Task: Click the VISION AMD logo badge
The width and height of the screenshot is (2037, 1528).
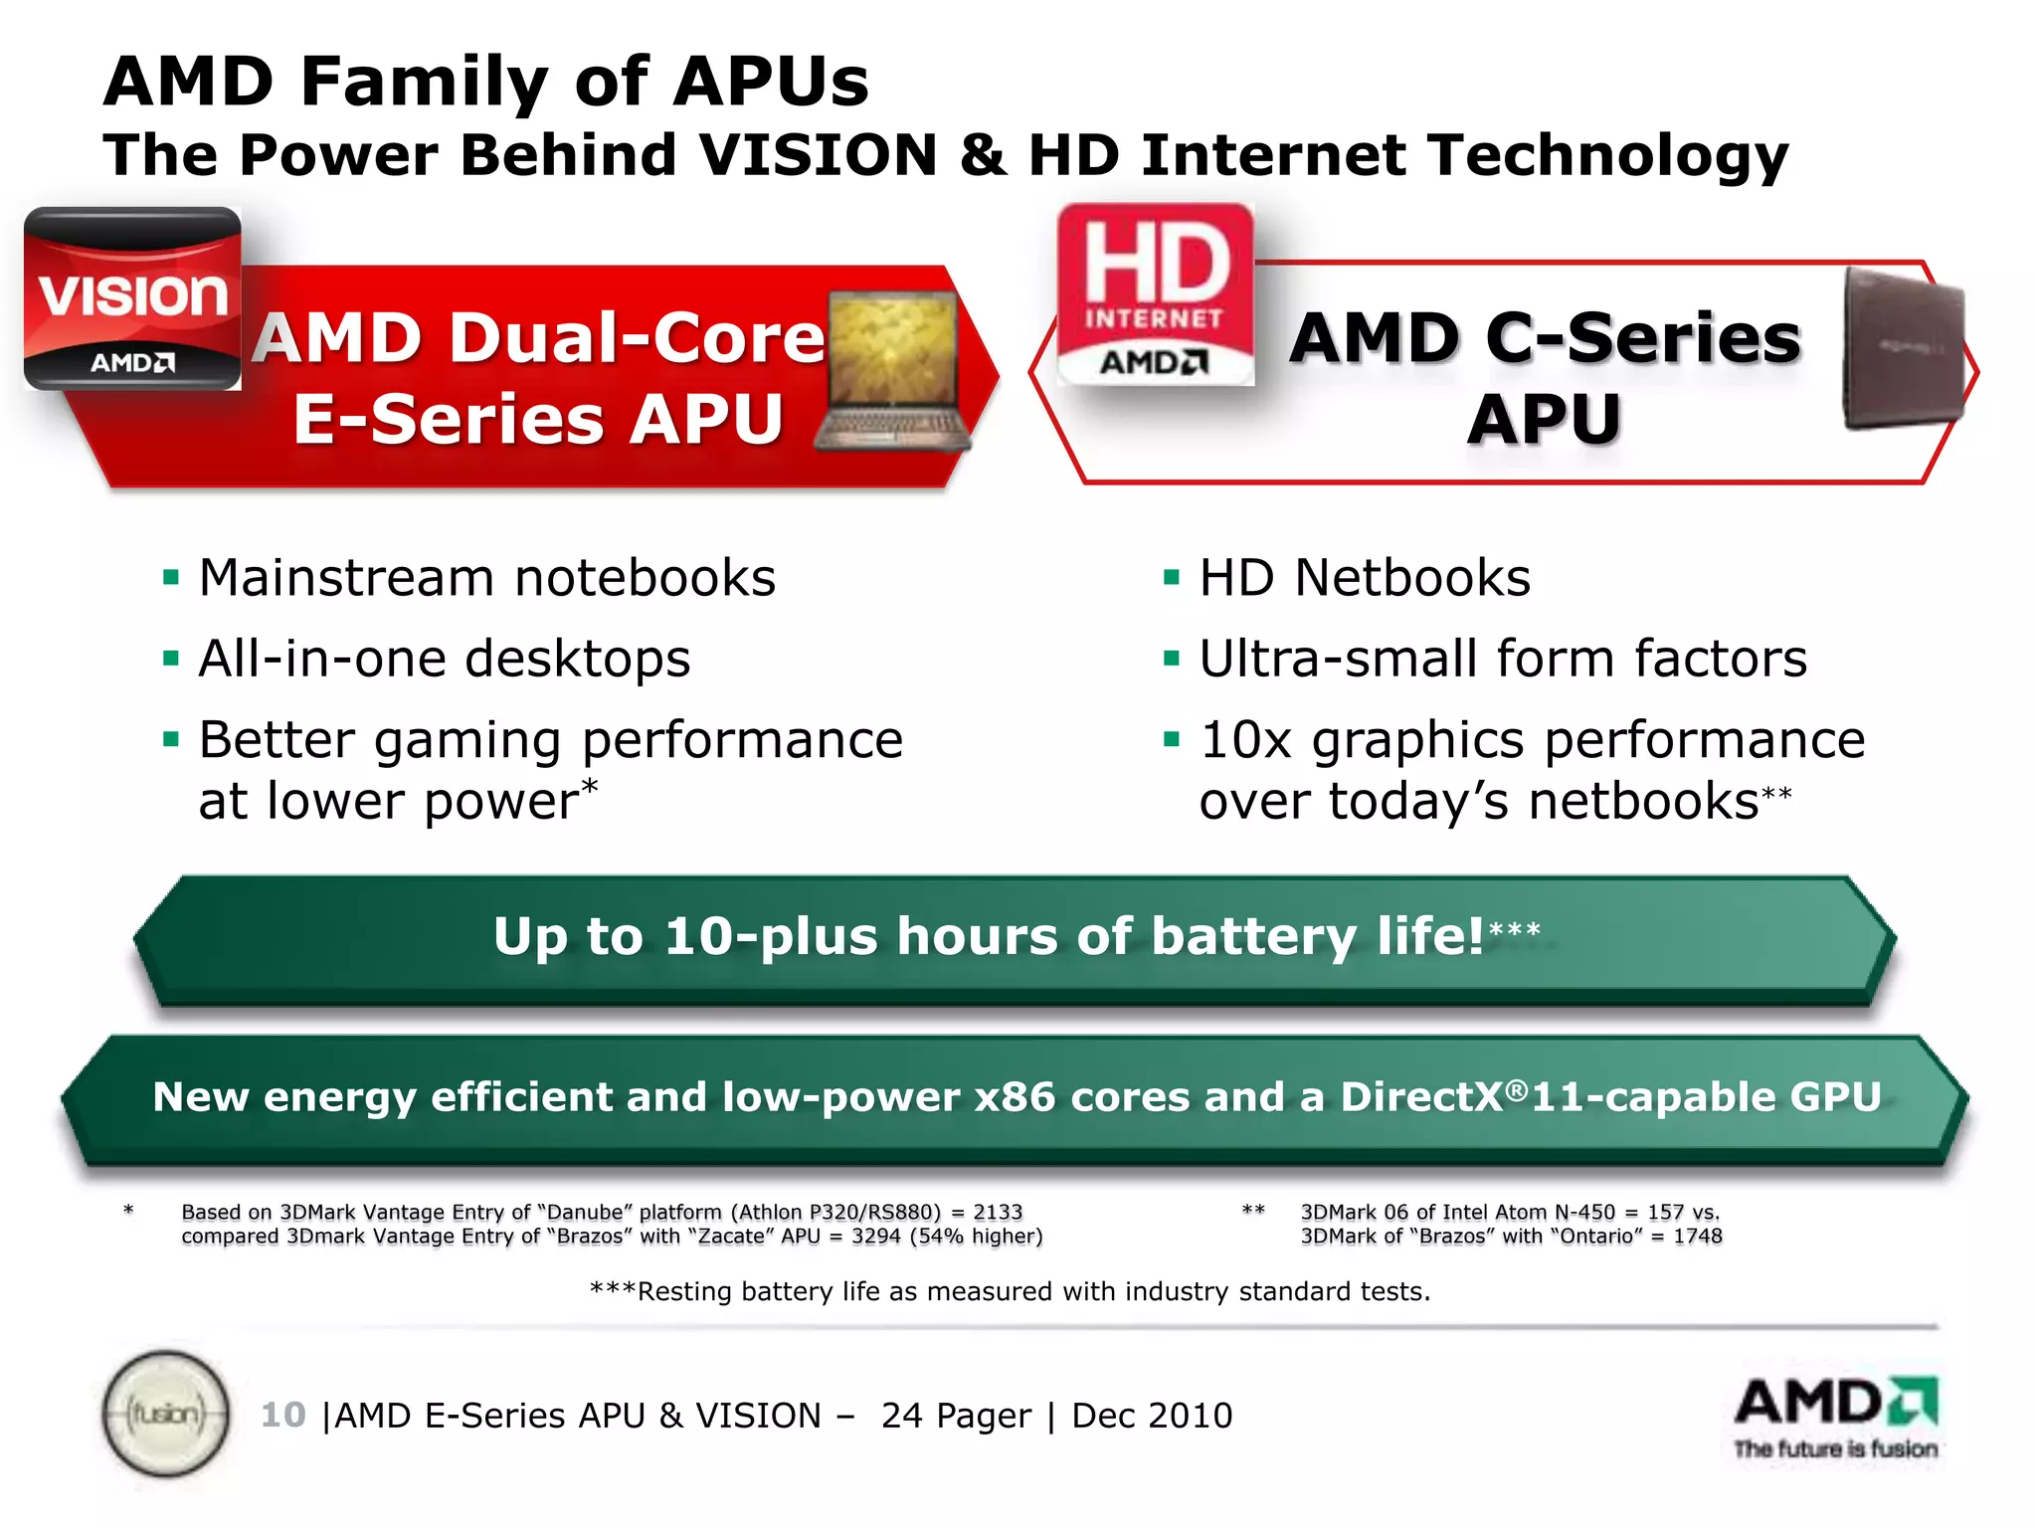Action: [132, 298]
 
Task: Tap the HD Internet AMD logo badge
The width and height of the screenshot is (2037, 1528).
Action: [1155, 294]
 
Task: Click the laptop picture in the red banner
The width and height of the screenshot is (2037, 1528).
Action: [892, 373]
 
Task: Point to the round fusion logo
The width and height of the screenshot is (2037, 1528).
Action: [166, 1413]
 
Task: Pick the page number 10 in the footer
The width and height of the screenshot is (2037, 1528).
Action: [282, 1415]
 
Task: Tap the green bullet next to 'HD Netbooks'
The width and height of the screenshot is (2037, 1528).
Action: [1171, 578]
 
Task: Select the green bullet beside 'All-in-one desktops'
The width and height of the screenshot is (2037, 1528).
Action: [171, 659]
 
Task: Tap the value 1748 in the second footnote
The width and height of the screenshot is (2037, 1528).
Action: [1698, 1237]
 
